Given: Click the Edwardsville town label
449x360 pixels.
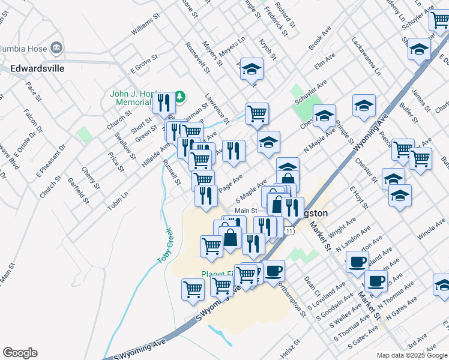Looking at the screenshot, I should (37, 68).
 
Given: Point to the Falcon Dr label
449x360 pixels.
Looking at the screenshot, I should (34, 121).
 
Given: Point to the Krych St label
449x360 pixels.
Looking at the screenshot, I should (268, 49).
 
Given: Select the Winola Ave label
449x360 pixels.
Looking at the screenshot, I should (432, 230).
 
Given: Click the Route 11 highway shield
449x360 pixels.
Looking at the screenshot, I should (290, 231).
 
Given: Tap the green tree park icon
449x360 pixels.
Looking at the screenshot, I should (179, 96).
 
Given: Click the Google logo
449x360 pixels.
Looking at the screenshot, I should (20, 353).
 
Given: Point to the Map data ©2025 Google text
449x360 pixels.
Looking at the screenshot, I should (412, 355).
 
